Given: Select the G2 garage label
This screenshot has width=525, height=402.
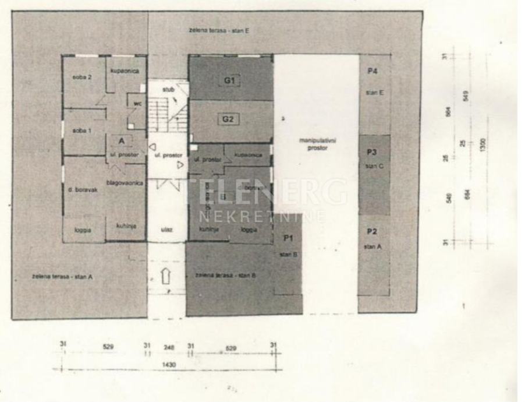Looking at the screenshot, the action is point(228,120).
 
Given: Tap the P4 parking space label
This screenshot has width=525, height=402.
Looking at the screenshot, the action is point(373,71).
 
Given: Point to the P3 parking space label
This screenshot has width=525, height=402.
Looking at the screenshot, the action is point(373,152).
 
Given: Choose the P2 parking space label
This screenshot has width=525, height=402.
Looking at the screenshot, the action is point(373,232).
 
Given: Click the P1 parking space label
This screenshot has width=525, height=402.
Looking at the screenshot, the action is point(288,238).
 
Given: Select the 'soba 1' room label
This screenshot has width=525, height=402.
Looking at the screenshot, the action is point(81,131).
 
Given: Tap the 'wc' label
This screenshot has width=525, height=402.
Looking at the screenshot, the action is point(137,104).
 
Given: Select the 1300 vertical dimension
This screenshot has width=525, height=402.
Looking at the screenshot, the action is point(483,143).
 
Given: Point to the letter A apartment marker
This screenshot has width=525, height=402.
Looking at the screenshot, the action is point(123,141).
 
